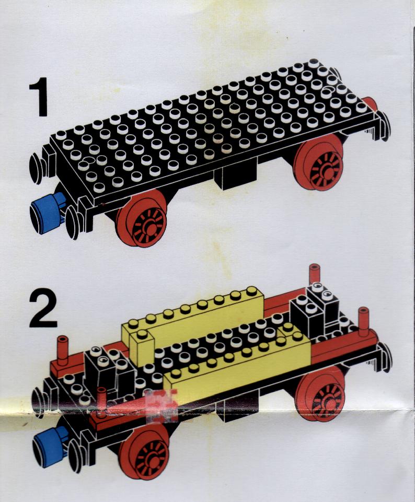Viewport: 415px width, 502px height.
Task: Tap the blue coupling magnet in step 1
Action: [48, 209]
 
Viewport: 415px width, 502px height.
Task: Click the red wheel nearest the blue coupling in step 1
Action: [142, 218]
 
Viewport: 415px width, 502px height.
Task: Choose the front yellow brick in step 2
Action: [237, 362]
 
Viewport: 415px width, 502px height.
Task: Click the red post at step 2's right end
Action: [363, 322]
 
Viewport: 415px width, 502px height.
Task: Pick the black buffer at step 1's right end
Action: [385, 123]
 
